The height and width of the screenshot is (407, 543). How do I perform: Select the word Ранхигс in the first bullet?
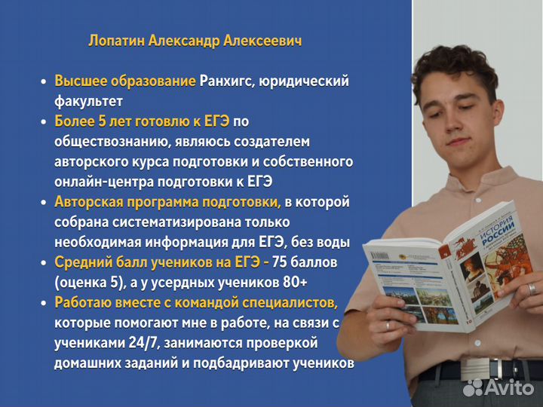coord(228,81)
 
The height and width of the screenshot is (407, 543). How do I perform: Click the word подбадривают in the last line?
coord(263,363)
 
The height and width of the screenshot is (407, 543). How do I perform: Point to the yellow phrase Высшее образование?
coord(125,81)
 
